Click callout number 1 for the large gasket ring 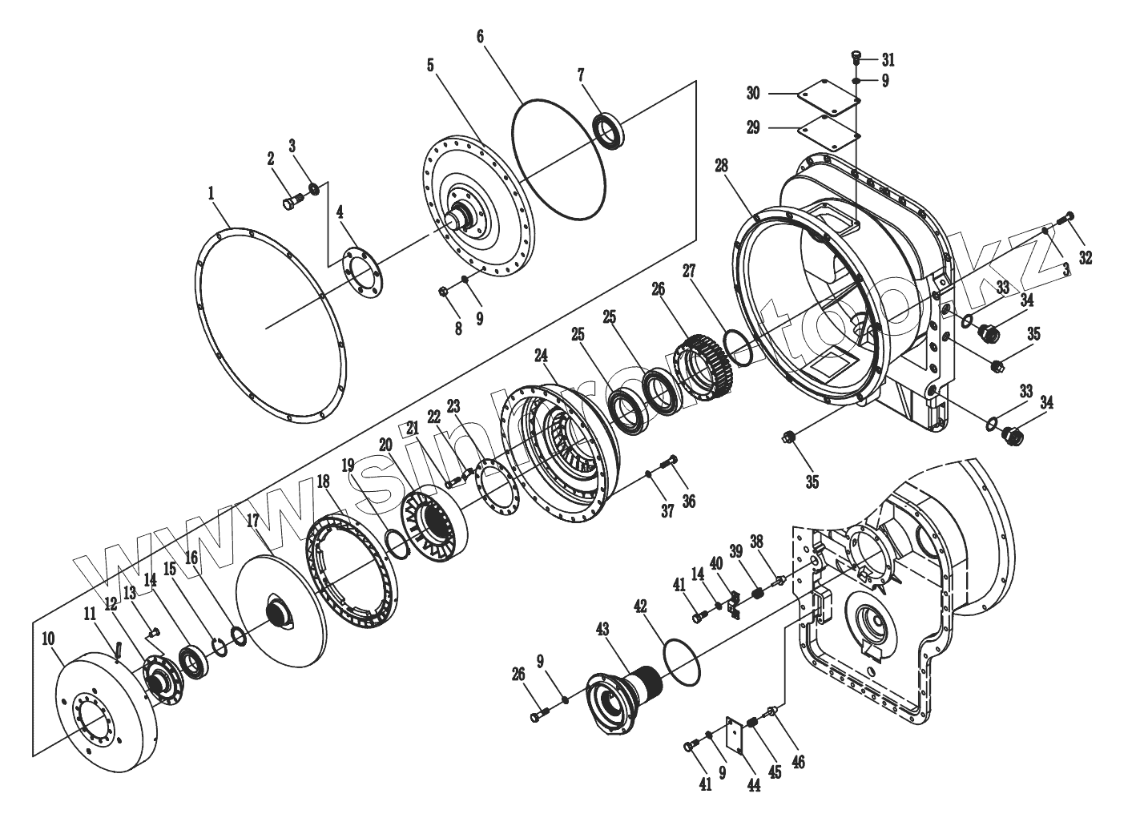(211, 193)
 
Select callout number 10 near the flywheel (48, 639)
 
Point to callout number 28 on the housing (722, 166)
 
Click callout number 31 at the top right (888, 59)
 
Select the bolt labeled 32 (1066, 217)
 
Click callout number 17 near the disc (253, 520)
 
